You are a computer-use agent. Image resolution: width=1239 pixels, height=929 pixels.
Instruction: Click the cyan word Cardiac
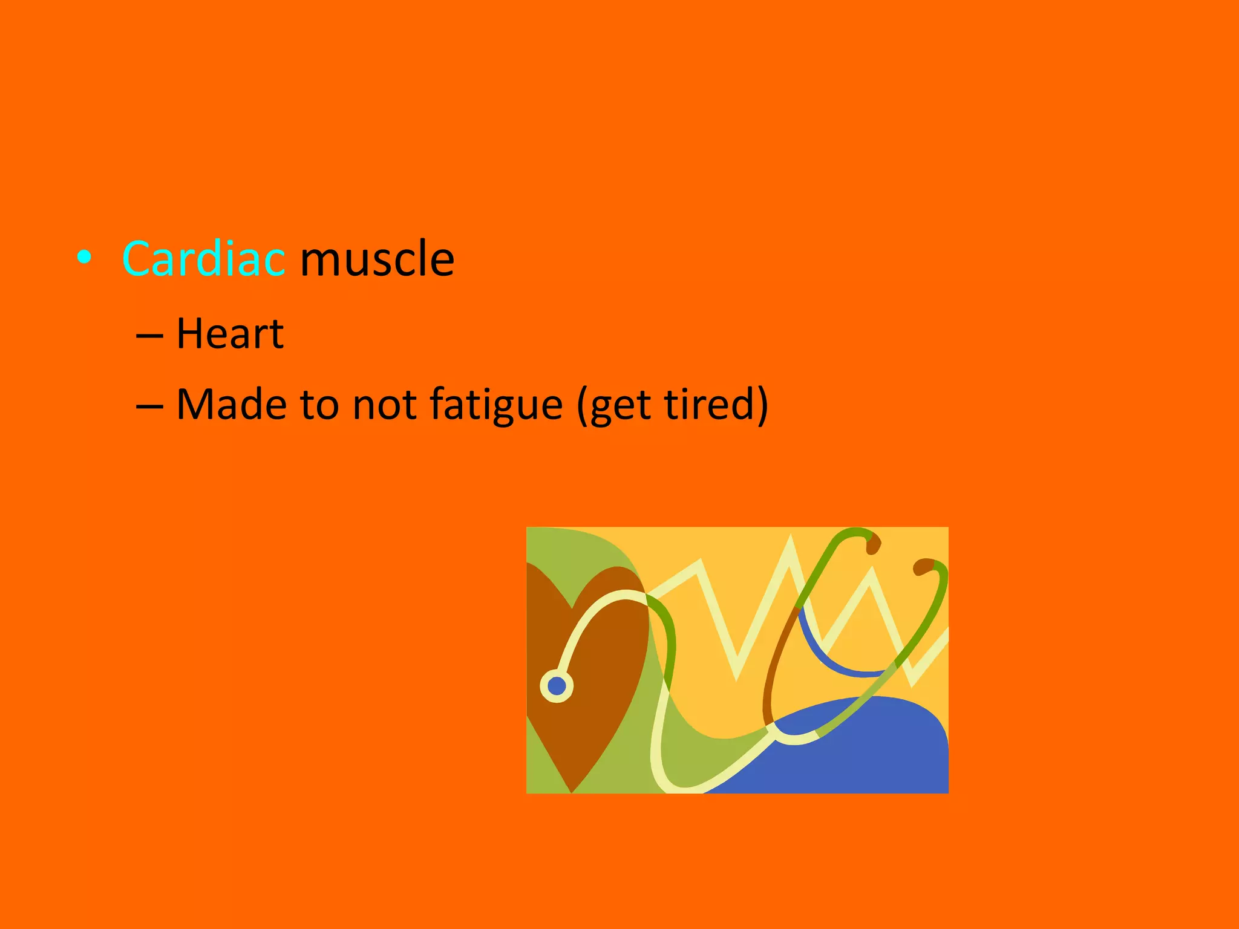[x=203, y=259]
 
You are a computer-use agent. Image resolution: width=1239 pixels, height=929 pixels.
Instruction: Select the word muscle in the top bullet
[x=377, y=259]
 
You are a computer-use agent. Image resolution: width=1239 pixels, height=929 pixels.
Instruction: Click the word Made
[x=231, y=404]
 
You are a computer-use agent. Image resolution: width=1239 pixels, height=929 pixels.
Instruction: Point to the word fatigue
[x=496, y=404]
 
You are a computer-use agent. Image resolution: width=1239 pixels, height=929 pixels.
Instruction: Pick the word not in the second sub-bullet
[x=384, y=404]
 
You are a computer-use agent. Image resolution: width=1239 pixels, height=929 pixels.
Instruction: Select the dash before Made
[x=149, y=405]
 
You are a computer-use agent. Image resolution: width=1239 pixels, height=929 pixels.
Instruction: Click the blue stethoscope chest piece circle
[x=557, y=686]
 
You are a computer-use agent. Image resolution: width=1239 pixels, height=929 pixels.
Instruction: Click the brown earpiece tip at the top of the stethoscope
[x=873, y=544]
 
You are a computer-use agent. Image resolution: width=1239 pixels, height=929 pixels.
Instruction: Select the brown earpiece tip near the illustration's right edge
[x=923, y=567]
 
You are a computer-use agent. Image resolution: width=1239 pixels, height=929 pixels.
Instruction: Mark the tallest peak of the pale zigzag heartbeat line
[x=790, y=541]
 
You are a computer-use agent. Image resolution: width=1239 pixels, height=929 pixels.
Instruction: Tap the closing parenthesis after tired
[x=761, y=404]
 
